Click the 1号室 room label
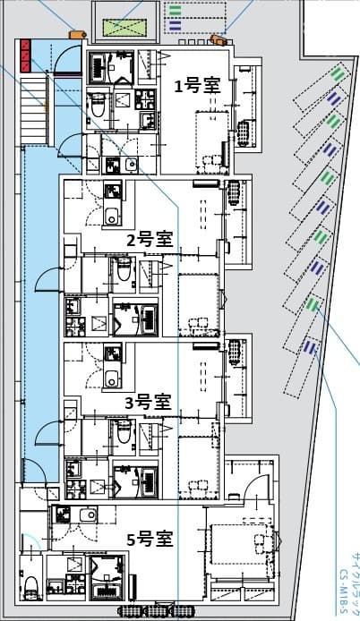coord(196,86)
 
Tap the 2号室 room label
coord(149,239)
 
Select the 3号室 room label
coord(148,402)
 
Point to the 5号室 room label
coord(150,539)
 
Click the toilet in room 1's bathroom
coord(98,108)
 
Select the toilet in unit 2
coord(124,269)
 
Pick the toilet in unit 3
coord(124,431)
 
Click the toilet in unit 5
coord(30,587)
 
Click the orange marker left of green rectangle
coord(78,34)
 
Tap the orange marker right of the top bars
coord(218,39)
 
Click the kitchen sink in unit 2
coord(113,216)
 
